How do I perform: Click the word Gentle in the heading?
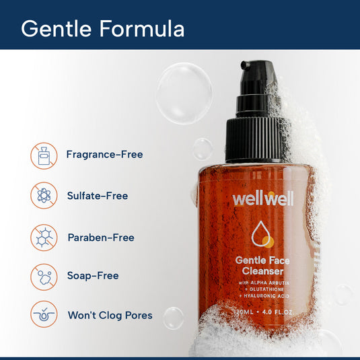point(59,29)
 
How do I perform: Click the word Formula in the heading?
point(143,29)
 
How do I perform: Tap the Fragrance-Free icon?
point(44,155)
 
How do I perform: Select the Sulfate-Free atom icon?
point(44,196)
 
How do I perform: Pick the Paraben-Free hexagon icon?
point(44,238)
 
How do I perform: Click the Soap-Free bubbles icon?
point(44,277)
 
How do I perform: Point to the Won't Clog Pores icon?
point(44,315)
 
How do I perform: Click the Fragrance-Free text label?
point(104,155)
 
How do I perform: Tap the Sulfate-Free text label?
point(97,196)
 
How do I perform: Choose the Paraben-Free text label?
point(101,238)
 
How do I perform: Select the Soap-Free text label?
point(93,276)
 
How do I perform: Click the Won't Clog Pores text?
point(110,315)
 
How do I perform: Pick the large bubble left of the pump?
point(184,94)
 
